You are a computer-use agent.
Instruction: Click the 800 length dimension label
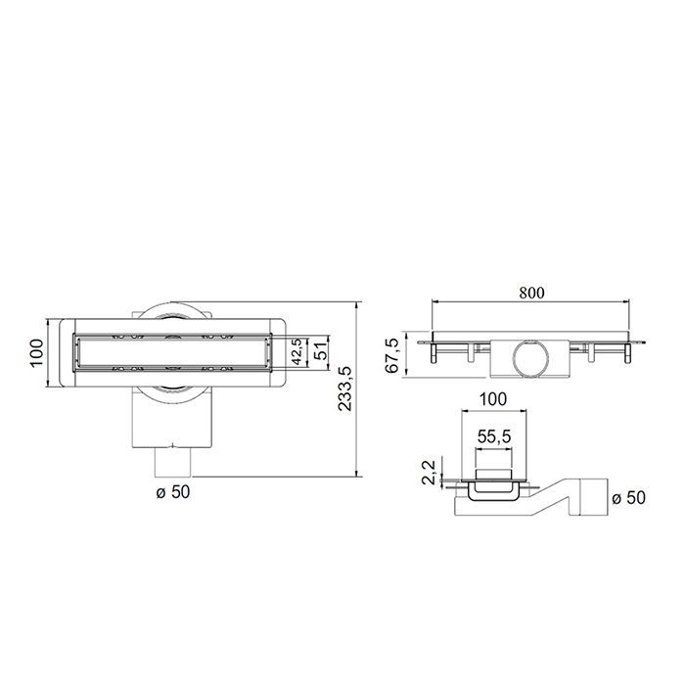coord(532,292)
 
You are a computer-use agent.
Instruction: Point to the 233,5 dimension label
coord(344,389)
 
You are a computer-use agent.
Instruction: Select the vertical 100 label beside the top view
coord(36,352)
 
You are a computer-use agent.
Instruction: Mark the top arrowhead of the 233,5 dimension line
coord(356,306)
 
